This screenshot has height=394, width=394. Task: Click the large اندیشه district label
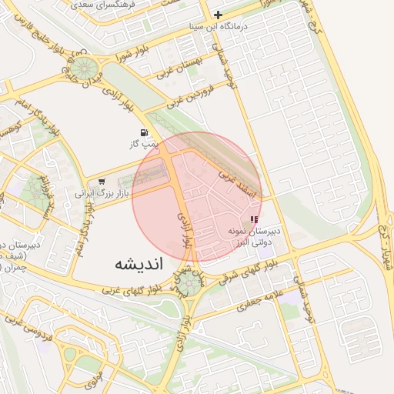click(139, 264)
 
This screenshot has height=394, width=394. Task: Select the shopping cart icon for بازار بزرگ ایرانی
click(102, 182)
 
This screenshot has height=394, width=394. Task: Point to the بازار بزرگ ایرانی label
click(97, 192)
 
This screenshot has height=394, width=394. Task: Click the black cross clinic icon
click(219, 15)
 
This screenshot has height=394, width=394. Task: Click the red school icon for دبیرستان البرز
click(255, 219)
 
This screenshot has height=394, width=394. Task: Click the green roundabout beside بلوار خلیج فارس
click(85, 67)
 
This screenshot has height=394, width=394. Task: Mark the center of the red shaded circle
click(197, 197)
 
